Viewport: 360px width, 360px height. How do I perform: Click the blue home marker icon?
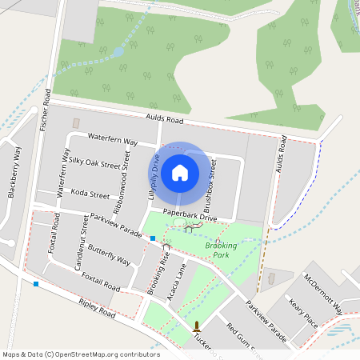click(180, 172)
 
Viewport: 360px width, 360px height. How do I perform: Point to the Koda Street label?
click(90, 194)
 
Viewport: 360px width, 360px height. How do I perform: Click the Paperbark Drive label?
click(190, 216)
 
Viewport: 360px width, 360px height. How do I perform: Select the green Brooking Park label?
click(217, 249)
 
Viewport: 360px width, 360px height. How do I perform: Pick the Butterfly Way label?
click(109, 254)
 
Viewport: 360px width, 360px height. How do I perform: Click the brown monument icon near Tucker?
click(196, 326)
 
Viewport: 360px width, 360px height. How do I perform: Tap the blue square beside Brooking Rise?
click(152, 238)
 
